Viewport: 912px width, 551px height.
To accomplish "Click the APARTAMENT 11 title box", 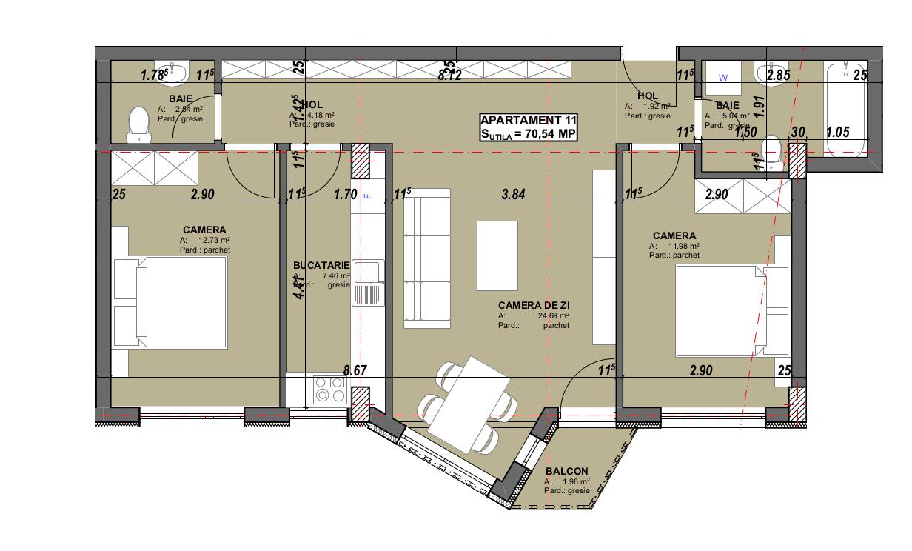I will tap(528, 127).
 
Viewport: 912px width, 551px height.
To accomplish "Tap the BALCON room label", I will tap(566, 472).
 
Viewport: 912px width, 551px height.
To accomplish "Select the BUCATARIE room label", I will tap(321, 264).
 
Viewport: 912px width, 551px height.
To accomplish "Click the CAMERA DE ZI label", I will tap(534, 305).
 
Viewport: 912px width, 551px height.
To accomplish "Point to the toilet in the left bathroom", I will tap(138, 124).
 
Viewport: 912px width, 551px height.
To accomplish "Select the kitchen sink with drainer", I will tap(369, 282).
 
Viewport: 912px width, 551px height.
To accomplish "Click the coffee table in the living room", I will tap(498, 250).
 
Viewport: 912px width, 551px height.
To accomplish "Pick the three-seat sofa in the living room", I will tap(426, 258).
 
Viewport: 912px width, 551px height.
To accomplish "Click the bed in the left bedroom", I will tap(170, 302).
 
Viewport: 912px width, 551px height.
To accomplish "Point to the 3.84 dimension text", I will tap(512, 196).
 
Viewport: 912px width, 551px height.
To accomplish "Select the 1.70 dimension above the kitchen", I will tap(346, 196).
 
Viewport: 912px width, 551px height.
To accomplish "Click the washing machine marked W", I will tap(724, 78).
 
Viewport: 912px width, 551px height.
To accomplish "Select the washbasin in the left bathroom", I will tap(178, 72).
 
